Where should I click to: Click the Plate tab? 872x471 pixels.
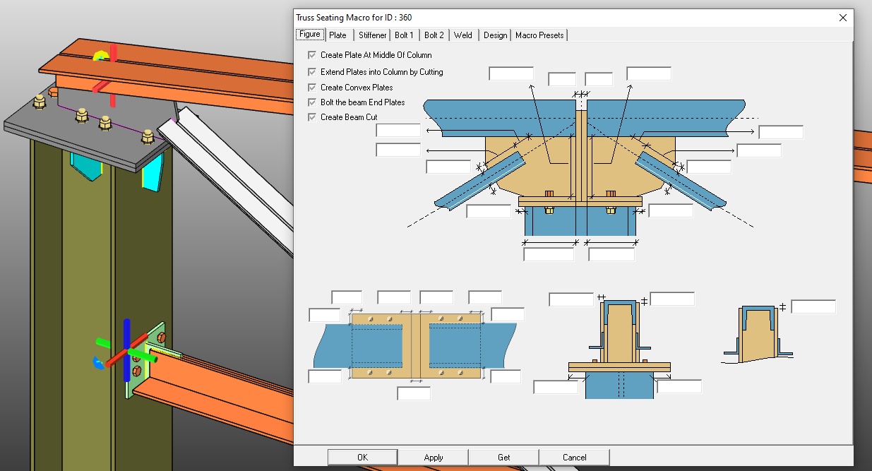(338, 35)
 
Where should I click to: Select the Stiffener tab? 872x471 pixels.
(372, 35)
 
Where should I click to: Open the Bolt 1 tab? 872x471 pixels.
(405, 35)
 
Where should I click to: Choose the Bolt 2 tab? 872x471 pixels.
(434, 35)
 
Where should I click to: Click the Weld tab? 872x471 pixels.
(463, 35)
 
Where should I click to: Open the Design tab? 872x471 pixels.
(495, 35)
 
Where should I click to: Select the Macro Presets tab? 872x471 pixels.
(539, 35)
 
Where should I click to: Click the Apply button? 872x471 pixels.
(434, 458)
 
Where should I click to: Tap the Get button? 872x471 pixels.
(504, 458)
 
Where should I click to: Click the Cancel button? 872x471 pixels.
(575, 458)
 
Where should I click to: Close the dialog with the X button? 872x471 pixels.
(842, 18)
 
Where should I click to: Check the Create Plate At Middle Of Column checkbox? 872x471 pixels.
(312, 55)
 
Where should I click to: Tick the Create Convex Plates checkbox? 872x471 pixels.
(312, 88)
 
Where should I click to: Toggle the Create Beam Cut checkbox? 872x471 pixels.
(312, 117)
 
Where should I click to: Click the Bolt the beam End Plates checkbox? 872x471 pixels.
(312, 102)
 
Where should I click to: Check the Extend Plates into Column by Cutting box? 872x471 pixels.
(312, 72)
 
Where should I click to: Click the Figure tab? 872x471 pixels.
(310, 35)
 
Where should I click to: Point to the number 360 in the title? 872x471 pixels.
(405, 18)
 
